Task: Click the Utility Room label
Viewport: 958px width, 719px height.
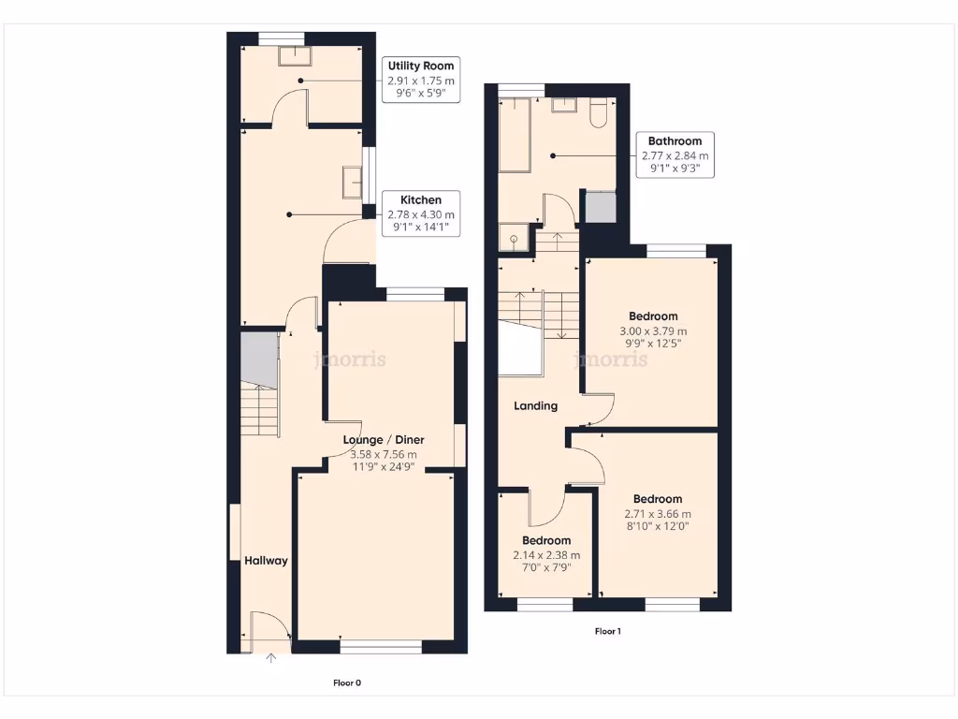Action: (x=421, y=66)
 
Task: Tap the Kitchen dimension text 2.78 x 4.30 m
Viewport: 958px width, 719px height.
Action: (x=420, y=214)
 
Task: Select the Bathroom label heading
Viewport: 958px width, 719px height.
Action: (x=675, y=141)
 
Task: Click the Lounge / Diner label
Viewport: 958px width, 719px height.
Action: (x=383, y=439)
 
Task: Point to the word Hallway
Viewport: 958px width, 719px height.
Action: (x=266, y=561)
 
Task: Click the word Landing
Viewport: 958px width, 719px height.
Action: (x=536, y=406)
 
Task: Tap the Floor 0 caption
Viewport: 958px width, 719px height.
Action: (x=347, y=682)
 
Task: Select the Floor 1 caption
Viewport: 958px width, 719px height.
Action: (x=608, y=631)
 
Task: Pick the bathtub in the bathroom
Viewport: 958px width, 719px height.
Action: (x=515, y=136)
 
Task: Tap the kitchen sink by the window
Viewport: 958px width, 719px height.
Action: (x=353, y=183)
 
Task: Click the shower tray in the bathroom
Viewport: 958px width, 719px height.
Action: (x=514, y=239)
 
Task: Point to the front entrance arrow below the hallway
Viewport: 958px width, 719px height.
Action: (x=271, y=658)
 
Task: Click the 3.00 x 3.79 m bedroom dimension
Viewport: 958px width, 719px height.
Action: (x=653, y=331)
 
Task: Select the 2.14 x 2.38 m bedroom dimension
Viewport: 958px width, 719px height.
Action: (x=546, y=555)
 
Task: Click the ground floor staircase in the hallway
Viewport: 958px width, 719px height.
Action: (x=261, y=409)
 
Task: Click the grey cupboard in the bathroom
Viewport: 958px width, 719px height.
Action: (x=600, y=207)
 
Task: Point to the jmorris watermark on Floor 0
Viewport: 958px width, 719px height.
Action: (x=351, y=359)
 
